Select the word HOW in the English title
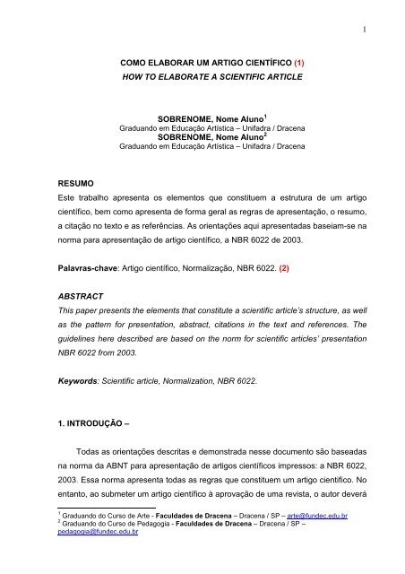[x=131, y=79]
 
